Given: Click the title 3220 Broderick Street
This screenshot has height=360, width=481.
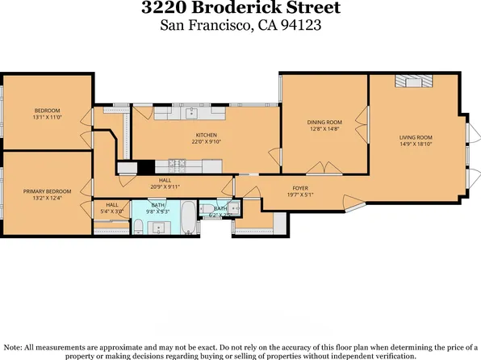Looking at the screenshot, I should pyautogui.click(x=240, y=10).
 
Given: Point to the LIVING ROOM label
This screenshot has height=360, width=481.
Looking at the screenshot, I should pyautogui.click(x=416, y=137).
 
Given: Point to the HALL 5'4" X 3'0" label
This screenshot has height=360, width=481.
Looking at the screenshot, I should pyautogui.click(x=112, y=208).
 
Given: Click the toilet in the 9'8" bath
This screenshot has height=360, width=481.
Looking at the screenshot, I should pyautogui.click(x=137, y=224).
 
